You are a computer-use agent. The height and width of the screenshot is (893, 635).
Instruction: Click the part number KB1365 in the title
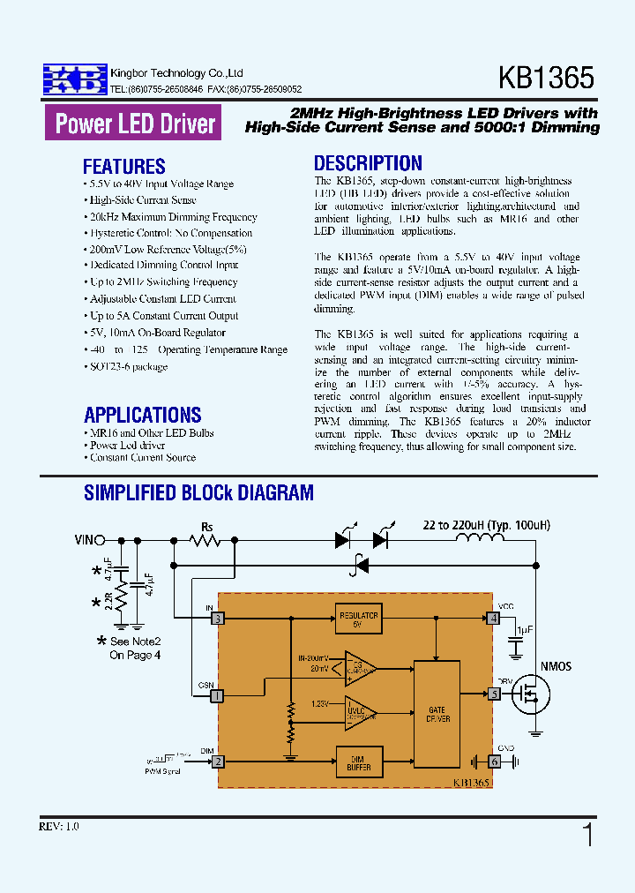(546, 78)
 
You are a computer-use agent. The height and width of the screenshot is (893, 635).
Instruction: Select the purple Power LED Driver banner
(134, 124)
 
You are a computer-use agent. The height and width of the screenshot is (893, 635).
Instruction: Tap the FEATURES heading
(123, 167)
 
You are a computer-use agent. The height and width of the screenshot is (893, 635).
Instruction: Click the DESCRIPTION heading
(368, 163)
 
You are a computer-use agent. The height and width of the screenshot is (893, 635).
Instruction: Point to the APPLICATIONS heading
(143, 415)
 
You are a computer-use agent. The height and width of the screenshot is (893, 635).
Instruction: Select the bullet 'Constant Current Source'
(142, 457)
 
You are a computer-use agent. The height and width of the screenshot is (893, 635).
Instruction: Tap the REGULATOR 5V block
(358, 619)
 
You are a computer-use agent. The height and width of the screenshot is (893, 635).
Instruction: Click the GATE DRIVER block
(437, 714)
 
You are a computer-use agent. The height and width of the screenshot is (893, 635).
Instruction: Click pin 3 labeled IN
(217, 619)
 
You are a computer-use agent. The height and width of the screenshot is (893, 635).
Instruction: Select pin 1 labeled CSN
(217, 696)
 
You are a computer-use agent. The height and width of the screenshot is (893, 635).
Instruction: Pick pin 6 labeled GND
(495, 762)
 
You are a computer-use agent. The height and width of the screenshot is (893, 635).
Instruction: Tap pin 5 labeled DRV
(495, 694)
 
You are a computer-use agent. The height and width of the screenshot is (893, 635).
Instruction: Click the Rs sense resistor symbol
(206, 540)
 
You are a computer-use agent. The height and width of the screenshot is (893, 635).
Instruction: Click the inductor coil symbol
(479, 539)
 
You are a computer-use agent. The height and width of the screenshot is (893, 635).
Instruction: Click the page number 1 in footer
(588, 834)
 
